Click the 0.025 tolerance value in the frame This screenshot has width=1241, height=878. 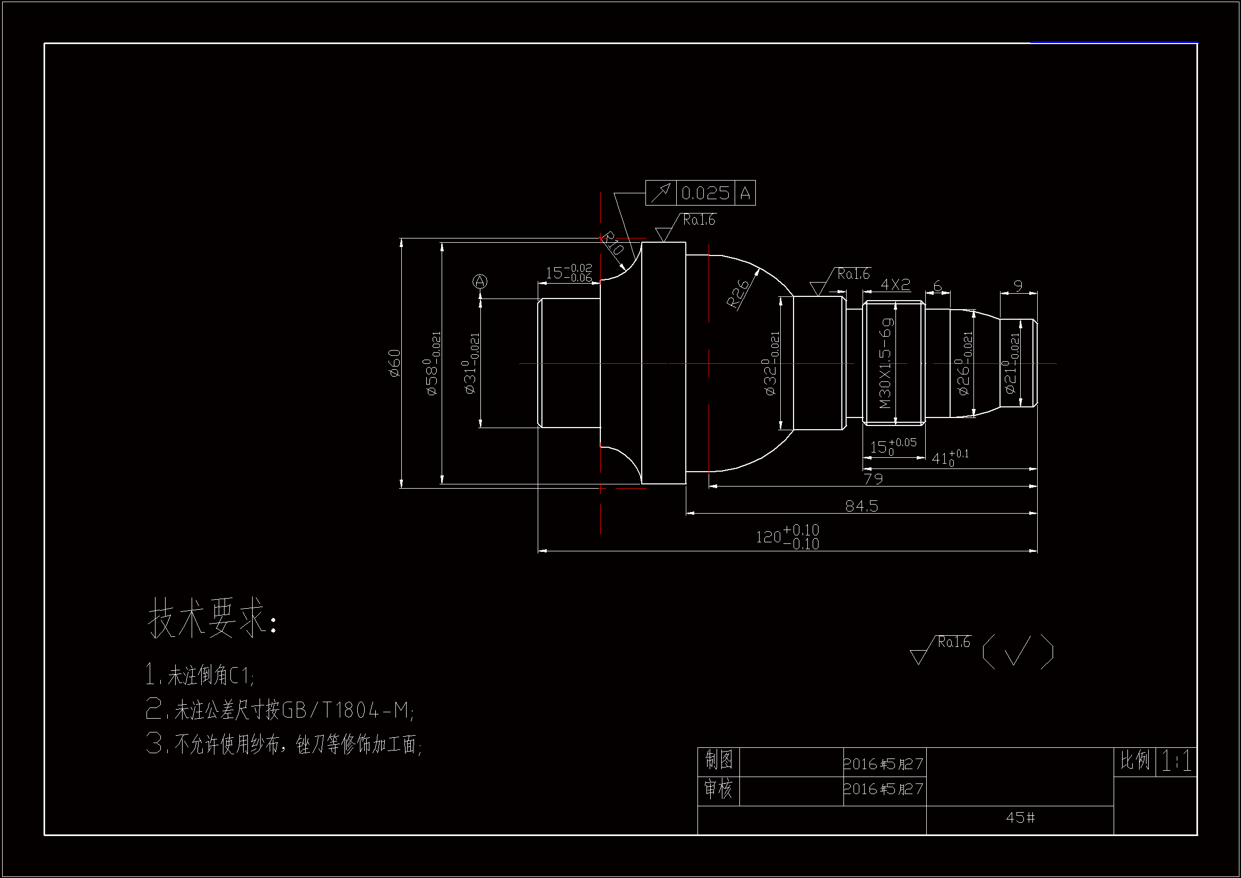point(705,193)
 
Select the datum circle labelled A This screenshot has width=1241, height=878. point(480,282)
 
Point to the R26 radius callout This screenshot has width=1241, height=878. point(738,294)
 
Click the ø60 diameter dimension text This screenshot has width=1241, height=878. point(394,363)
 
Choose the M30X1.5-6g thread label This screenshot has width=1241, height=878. point(885,362)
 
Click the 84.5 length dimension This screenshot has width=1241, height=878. point(861,506)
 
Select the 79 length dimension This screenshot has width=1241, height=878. point(873,479)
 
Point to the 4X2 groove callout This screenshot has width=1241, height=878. point(895,285)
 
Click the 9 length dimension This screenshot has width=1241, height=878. point(1018,286)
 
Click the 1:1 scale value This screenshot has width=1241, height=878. point(1177,762)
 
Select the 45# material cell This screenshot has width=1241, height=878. point(1020,817)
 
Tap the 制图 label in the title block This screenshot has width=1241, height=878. point(718,761)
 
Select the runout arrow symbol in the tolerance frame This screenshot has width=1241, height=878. point(660,193)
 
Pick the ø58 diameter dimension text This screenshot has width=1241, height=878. point(434,363)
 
